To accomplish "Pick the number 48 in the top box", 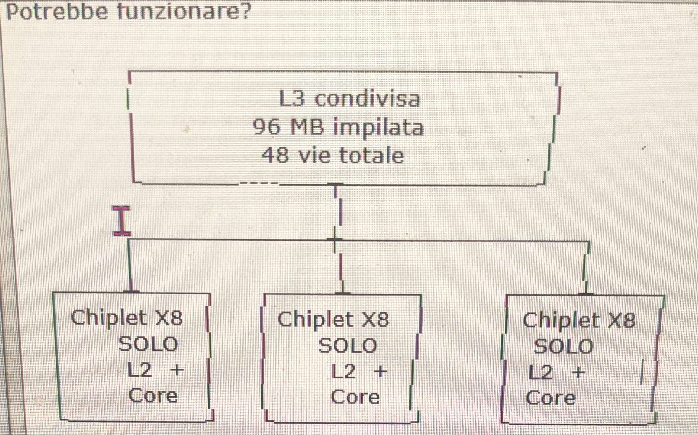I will click(x=275, y=155).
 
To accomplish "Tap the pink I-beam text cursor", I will click(x=121, y=221).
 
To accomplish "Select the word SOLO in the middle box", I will click(x=347, y=346).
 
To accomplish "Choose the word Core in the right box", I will click(x=550, y=398).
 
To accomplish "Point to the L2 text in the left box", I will click(x=139, y=370).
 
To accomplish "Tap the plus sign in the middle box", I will click(x=380, y=371).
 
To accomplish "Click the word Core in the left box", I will click(x=153, y=396).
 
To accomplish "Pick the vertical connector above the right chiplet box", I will click(x=586, y=267).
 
